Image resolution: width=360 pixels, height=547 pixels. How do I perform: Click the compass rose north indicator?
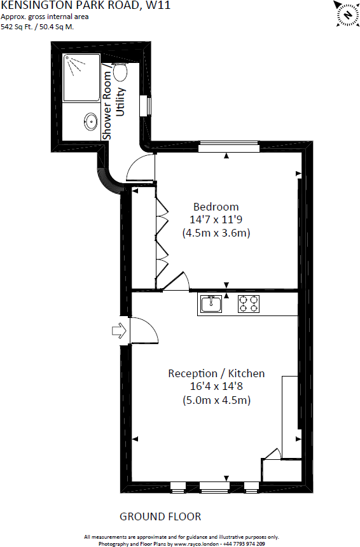(x=347, y=14)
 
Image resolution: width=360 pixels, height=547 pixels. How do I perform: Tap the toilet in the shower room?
(x=120, y=71)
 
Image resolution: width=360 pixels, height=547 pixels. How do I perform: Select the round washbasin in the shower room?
(x=91, y=121)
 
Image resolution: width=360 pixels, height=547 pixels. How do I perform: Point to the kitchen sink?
(x=211, y=304)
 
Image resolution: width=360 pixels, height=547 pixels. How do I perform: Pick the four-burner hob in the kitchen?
(x=249, y=304)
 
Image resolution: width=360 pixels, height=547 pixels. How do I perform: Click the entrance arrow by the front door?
(x=119, y=331)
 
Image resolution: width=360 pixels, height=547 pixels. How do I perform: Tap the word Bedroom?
(x=216, y=207)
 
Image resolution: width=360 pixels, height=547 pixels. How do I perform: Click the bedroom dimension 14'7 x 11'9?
(x=216, y=220)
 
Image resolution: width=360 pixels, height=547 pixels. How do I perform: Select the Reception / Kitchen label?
(x=216, y=373)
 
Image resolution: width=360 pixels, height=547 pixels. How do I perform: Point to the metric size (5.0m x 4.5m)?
(x=217, y=400)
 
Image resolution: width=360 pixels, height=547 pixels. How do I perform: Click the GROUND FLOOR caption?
(x=160, y=516)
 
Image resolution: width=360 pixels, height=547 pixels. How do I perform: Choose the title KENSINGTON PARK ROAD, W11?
(x=85, y=5)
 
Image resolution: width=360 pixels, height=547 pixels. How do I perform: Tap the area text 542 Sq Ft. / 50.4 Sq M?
(x=38, y=27)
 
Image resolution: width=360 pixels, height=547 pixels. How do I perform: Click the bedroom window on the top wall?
(x=229, y=146)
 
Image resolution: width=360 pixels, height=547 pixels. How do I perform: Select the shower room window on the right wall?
(x=146, y=106)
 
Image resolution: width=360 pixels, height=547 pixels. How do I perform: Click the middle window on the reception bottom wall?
(x=214, y=487)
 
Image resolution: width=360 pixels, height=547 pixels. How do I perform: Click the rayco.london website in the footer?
(x=197, y=544)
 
